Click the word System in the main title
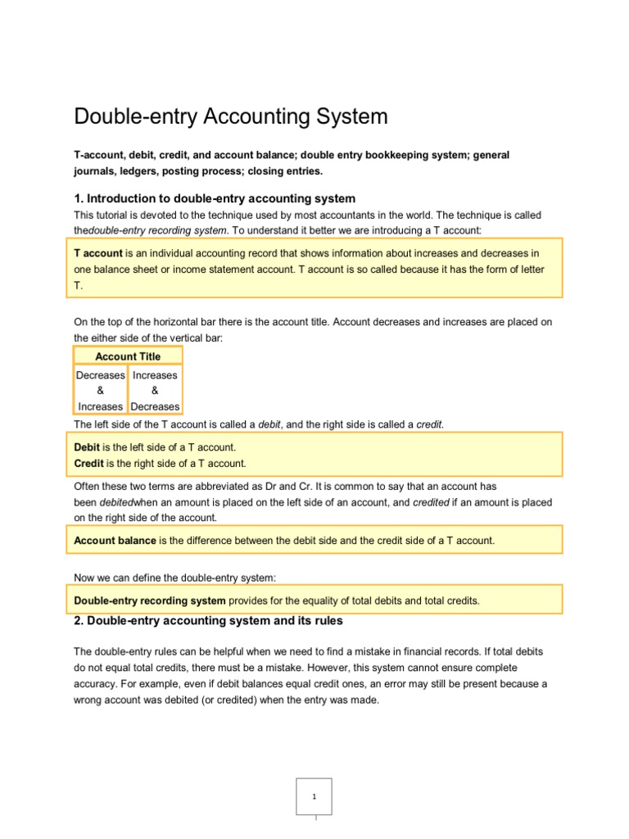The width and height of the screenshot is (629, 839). tap(347, 116)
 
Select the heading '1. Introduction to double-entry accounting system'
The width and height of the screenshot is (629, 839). tap(215, 198)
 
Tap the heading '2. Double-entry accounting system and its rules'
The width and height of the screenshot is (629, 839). tap(208, 621)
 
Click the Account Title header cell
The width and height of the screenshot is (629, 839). tap(128, 356)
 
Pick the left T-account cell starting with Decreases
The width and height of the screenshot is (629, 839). tap(101, 391)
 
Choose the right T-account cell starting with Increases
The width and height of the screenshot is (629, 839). tap(155, 391)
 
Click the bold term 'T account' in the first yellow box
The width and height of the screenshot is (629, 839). tap(98, 253)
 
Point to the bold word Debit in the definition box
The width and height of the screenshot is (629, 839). tap(87, 447)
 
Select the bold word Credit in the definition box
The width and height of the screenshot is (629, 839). tap(88, 463)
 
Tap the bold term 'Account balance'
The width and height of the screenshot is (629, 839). tap(115, 541)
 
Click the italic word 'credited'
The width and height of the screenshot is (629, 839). tap(431, 502)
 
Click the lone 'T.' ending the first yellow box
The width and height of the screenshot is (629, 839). tap(79, 286)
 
